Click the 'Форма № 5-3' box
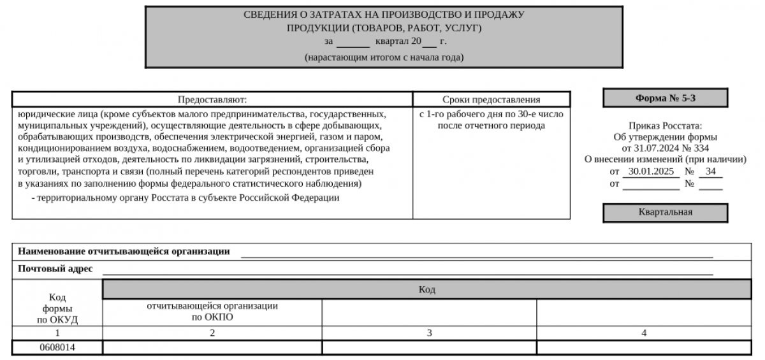665,98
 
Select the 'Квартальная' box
665,213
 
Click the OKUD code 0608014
57,347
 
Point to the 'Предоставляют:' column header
212,99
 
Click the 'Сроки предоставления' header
491,99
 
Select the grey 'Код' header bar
426,290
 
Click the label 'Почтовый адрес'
55,269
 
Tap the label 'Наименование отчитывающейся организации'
124,251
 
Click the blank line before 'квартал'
353,42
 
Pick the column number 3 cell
429,333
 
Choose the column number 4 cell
644,333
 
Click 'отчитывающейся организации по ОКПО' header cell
212,311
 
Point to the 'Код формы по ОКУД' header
57,308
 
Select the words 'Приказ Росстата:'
665,126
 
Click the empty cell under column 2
212,347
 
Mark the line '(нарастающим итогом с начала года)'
384,57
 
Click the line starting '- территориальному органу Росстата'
185,198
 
